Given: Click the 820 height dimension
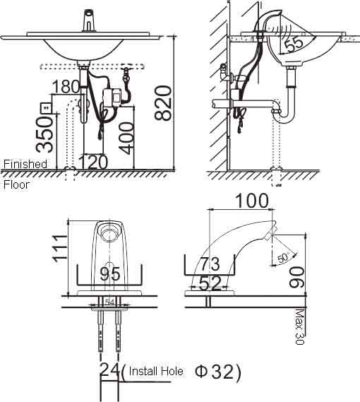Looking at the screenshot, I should tap(163, 103).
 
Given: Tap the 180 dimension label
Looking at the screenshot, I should tap(66, 87).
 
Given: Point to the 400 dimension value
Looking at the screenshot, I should tap(126, 136).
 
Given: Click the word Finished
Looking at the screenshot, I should tap(25, 164).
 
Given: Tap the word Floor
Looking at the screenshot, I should tap(17, 185).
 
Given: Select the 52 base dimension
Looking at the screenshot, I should tap(208, 283).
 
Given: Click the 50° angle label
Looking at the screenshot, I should tap(282, 259).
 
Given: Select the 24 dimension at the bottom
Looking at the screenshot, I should tap(109, 371).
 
